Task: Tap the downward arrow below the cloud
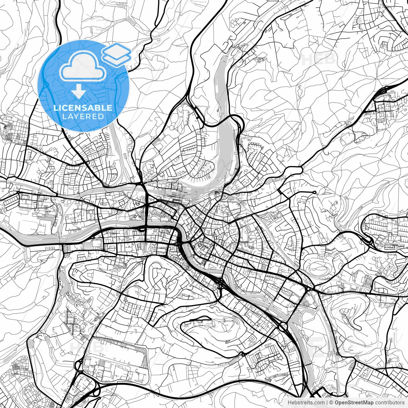pyautogui.click(x=78, y=91)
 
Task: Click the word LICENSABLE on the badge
pyautogui.click(x=83, y=108)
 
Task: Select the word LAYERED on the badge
pyautogui.click(x=83, y=116)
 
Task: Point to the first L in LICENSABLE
pyautogui.click(x=55, y=108)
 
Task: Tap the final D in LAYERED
pyautogui.click(x=101, y=116)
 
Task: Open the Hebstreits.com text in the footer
pyautogui.click(x=304, y=403)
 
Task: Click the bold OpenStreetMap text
pyautogui.click(x=354, y=403)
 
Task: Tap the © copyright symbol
pyautogui.click(x=331, y=403)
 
